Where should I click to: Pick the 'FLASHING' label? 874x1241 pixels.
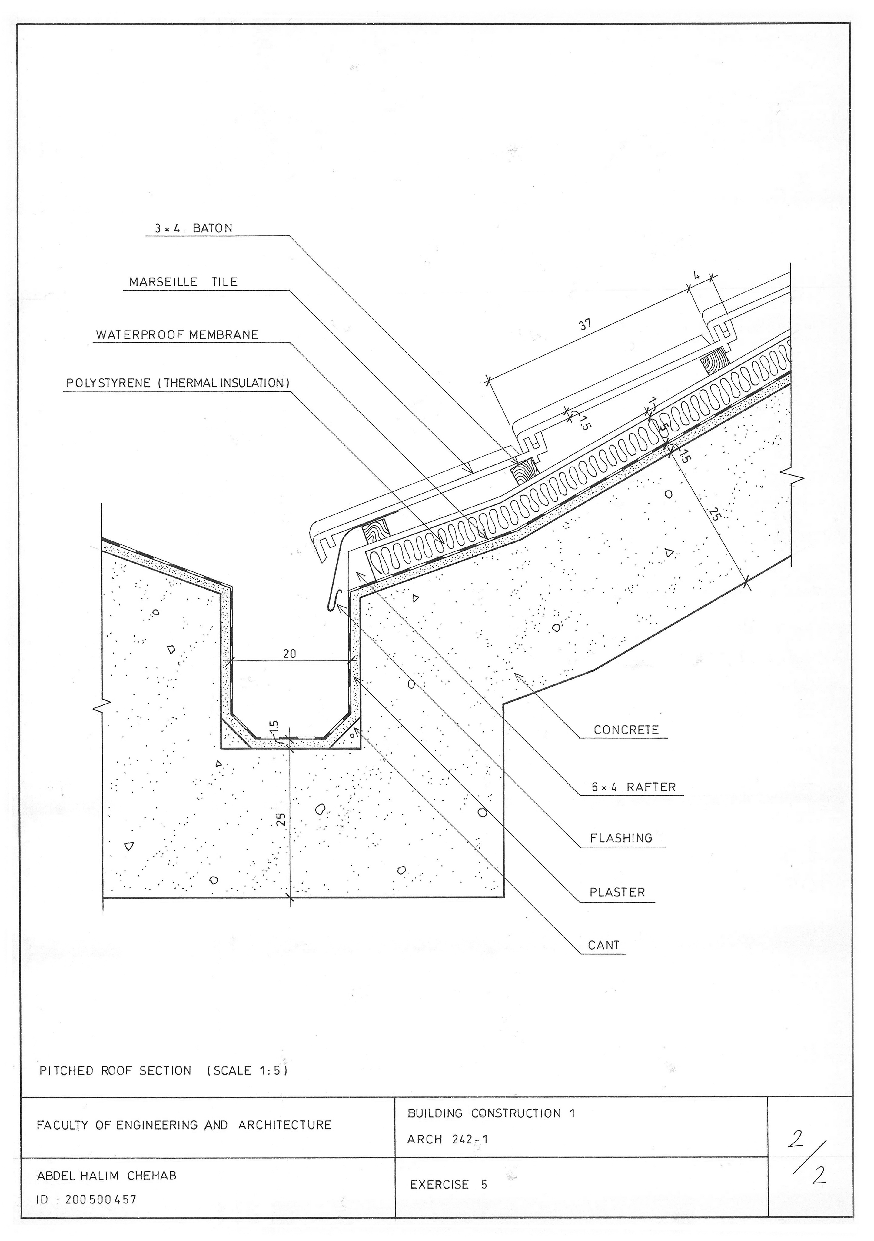click(621, 838)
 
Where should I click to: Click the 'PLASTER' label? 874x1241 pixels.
click(617, 892)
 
